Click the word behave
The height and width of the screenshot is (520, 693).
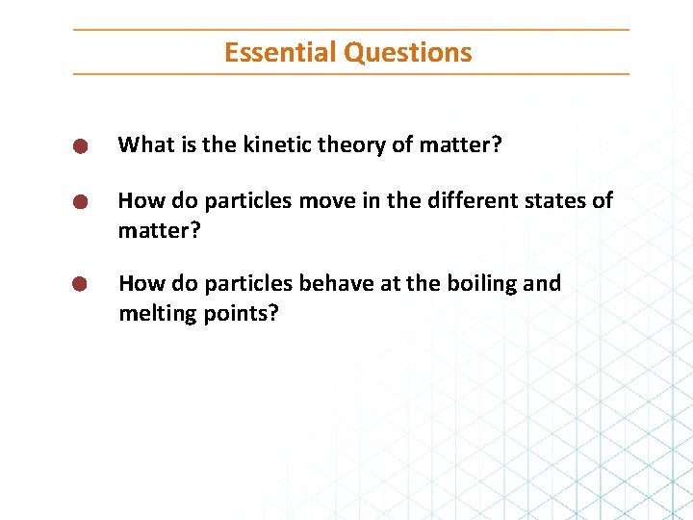[337, 284]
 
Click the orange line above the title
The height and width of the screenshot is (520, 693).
[351, 30]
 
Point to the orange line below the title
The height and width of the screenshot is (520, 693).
[351, 74]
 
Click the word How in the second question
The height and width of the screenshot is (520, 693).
[141, 200]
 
